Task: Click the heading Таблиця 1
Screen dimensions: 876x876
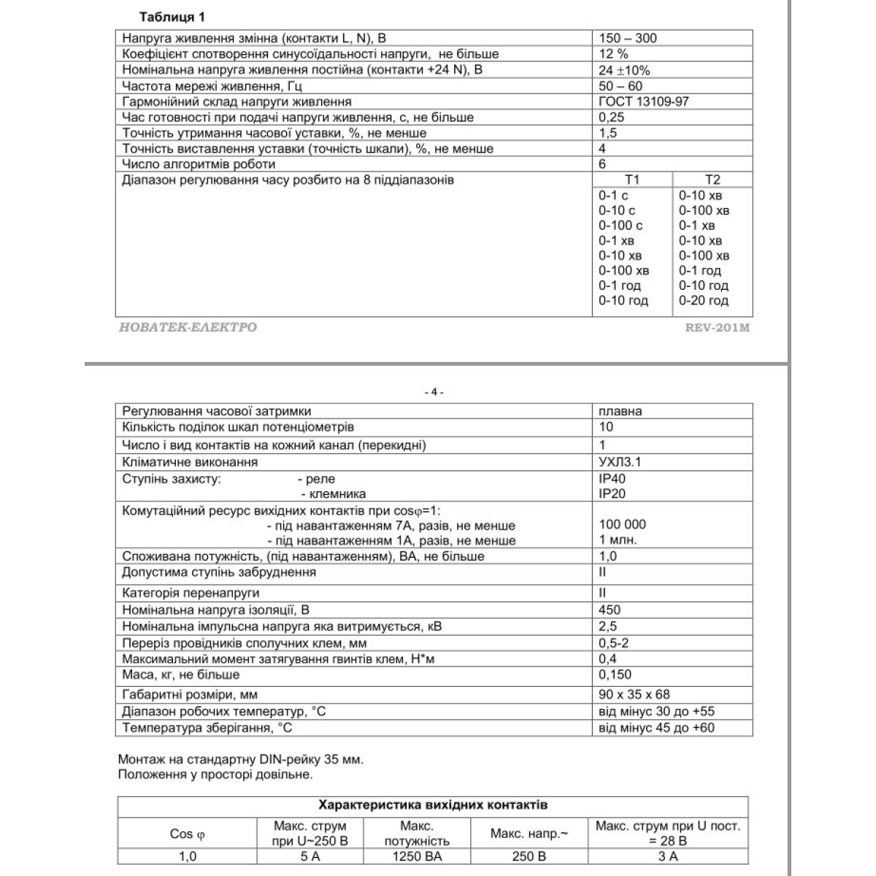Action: coord(167,17)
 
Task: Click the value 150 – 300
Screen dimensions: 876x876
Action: coord(627,38)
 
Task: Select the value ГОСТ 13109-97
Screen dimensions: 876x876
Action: coord(643,101)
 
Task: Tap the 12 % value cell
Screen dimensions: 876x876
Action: coord(613,54)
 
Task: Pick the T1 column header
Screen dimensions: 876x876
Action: coord(632,180)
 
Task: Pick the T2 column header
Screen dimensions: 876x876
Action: coord(712,180)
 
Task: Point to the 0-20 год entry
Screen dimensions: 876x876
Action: coord(703,301)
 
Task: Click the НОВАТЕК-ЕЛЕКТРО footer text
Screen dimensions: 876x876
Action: coord(188,328)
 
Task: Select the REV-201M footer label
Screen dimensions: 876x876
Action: coord(717,328)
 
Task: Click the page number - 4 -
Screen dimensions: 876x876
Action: coord(434,392)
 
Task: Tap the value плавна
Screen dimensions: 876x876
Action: coord(620,411)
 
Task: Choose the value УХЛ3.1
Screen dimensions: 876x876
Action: coord(620,462)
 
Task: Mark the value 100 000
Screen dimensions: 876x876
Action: coord(622,524)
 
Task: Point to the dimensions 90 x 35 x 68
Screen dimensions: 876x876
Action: coord(634,694)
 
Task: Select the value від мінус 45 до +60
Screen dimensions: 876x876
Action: coord(656,728)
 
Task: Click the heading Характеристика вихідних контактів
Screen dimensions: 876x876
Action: coord(433,806)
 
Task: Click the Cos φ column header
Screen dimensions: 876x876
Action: coord(187,834)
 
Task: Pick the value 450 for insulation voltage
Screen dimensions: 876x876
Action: coord(610,610)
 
